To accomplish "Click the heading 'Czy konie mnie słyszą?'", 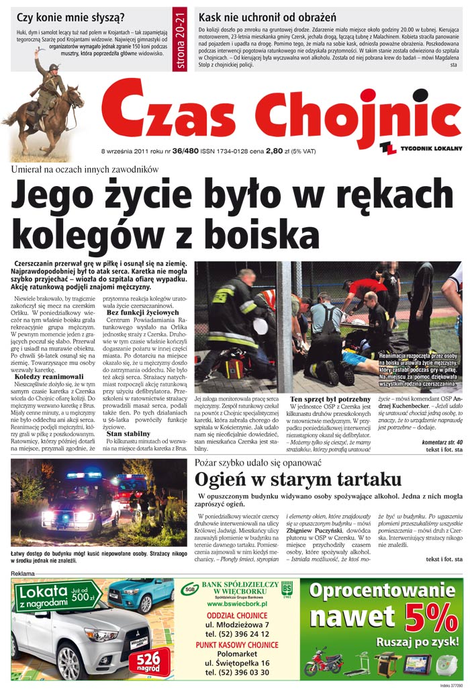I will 70,18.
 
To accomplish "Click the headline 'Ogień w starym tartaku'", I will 298,479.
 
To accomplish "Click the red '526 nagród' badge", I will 148,660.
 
